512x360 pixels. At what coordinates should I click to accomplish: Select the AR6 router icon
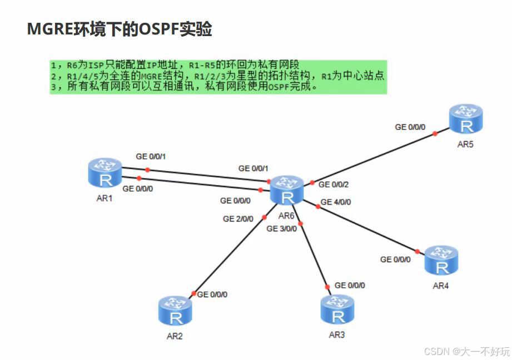click(287, 191)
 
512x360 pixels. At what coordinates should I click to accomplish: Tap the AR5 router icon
click(466, 120)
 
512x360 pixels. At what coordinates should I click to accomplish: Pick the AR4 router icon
click(441, 261)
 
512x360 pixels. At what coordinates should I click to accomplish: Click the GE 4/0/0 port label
click(336, 202)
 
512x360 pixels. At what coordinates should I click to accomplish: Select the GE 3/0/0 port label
click(282, 228)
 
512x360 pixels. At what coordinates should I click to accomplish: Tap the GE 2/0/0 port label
click(238, 219)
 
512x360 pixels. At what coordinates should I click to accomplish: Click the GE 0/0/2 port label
click(333, 184)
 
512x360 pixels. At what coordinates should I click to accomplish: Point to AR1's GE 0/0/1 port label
click(151, 157)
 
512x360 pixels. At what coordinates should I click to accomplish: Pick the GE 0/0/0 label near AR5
click(410, 127)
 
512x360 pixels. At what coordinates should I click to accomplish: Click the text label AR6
click(286, 216)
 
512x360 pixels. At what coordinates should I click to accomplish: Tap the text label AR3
click(336, 335)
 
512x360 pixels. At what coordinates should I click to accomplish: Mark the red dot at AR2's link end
click(194, 293)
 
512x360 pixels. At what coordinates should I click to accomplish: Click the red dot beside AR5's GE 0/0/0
click(435, 134)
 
